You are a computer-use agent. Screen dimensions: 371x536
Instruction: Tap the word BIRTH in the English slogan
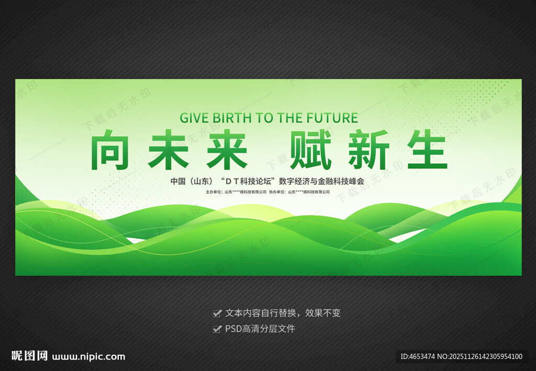click(231, 118)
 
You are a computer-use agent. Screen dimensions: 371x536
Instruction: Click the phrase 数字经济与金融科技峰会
click(328, 182)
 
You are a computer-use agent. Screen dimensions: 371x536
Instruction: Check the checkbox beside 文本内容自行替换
click(217, 313)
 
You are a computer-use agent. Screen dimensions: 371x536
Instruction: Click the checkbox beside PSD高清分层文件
click(217, 329)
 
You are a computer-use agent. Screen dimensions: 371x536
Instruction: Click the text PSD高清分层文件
click(260, 329)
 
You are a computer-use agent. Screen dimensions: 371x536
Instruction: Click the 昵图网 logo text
click(30, 356)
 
